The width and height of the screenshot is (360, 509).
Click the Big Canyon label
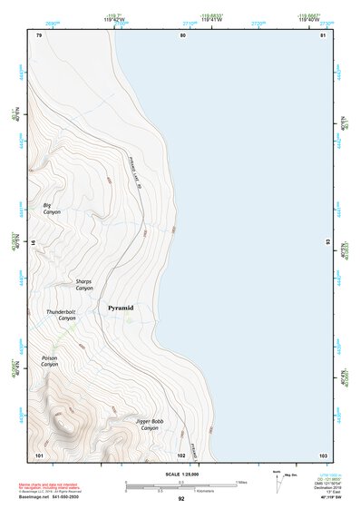[x=52, y=209]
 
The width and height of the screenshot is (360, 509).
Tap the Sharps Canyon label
[x=83, y=284]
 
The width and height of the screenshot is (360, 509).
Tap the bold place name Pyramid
[x=121, y=308]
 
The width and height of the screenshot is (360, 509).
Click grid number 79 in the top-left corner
[x=39, y=34]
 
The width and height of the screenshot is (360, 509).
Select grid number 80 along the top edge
[x=182, y=34]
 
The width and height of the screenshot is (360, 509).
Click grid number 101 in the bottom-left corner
[x=39, y=454]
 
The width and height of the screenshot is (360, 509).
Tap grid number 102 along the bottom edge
[x=181, y=454]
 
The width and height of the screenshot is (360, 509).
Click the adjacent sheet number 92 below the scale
[x=181, y=499]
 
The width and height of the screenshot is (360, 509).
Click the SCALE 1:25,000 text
[x=181, y=475]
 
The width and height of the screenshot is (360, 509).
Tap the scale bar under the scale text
[x=181, y=485]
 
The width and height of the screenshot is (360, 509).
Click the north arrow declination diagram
[x=278, y=482]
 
